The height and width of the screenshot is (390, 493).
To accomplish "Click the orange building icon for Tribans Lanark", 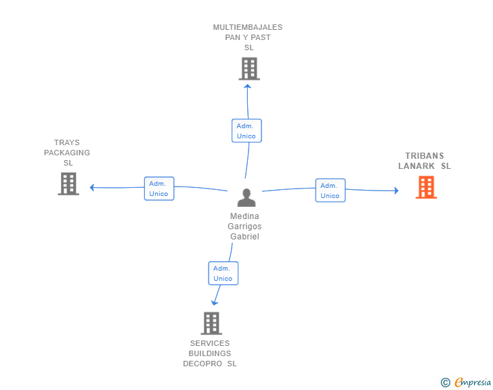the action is (x=426, y=187).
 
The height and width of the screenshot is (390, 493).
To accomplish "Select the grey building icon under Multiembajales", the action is (x=249, y=69).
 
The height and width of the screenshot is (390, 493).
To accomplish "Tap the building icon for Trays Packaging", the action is (x=68, y=184).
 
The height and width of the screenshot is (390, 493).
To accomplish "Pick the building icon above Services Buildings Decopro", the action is (x=211, y=324).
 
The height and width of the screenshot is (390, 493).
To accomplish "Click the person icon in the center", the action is (x=246, y=197).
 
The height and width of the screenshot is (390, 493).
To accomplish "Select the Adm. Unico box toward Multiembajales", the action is (x=246, y=131).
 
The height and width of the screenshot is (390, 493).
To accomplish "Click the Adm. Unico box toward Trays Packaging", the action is (x=159, y=189).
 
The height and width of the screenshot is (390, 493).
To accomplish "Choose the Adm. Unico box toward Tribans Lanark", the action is (x=330, y=191).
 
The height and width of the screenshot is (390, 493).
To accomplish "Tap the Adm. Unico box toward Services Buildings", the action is (x=223, y=273).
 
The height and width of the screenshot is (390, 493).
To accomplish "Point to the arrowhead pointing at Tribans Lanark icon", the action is (x=396, y=191).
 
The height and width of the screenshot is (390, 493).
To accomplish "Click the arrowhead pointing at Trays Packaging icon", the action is (x=92, y=187).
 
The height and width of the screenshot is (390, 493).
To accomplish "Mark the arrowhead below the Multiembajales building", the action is (x=247, y=86).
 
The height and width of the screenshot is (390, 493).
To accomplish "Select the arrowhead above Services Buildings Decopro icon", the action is (x=215, y=303).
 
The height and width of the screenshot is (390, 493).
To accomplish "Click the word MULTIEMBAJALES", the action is (x=248, y=27).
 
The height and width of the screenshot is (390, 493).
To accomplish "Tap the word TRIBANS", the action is (x=425, y=155).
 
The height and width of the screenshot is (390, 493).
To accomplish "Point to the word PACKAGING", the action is (x=67, y=153).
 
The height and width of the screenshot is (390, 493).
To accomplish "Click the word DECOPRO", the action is (x=202, y=364).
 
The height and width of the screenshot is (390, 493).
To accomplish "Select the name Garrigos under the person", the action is (x=244, y=227).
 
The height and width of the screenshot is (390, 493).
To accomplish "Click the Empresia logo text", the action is (x=473, y=383).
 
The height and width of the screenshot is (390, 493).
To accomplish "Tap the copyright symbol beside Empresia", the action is (x=445, y=383).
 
